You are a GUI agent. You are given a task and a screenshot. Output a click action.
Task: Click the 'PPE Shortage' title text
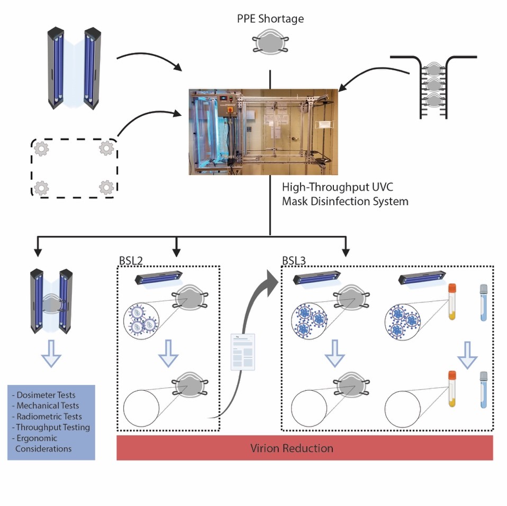pyautogui.click(x=270, y=20)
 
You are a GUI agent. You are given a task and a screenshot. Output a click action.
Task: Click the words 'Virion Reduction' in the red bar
pyautogui.click(x=292, y=448)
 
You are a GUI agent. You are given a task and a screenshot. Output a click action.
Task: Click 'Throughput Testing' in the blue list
pyautogui.click(x=52, y=427)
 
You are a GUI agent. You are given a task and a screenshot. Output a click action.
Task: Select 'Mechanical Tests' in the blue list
pyautogui.click(x=48, y=406)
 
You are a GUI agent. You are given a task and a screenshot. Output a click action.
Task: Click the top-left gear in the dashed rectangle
pyautogui.click(x=41, y=150)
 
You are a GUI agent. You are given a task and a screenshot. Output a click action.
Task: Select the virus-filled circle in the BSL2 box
pyautogui.click(x=141, y=321)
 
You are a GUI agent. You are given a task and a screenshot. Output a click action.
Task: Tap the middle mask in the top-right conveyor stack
pyautogui.click(x=433, y=85)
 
